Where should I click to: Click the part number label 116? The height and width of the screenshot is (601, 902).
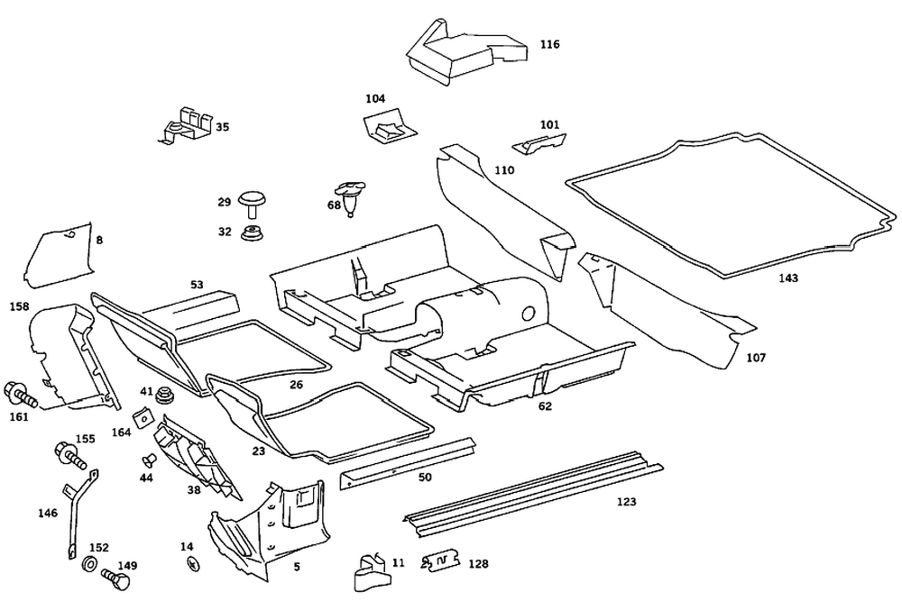point(550,44)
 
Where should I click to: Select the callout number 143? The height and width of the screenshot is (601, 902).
point(788,278)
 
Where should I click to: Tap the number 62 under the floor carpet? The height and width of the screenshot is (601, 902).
point(545,406)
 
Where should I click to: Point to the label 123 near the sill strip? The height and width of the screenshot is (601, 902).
point(626,501)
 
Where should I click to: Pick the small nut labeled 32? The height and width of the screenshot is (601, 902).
point(251,235)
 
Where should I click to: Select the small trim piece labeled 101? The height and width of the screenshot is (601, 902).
point(539,140)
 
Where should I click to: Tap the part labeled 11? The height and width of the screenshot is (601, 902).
point(371,569)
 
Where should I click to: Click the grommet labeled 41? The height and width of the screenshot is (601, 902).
point(165,394)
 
